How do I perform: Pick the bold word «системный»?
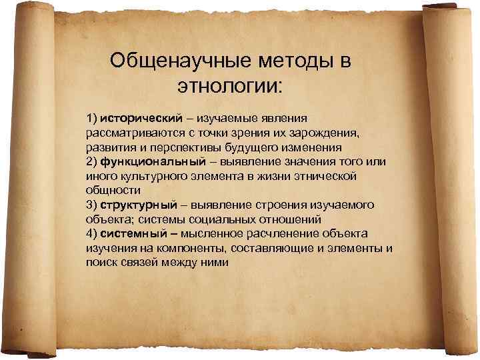[131, 233]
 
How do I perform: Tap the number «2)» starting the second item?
[91, 162]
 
